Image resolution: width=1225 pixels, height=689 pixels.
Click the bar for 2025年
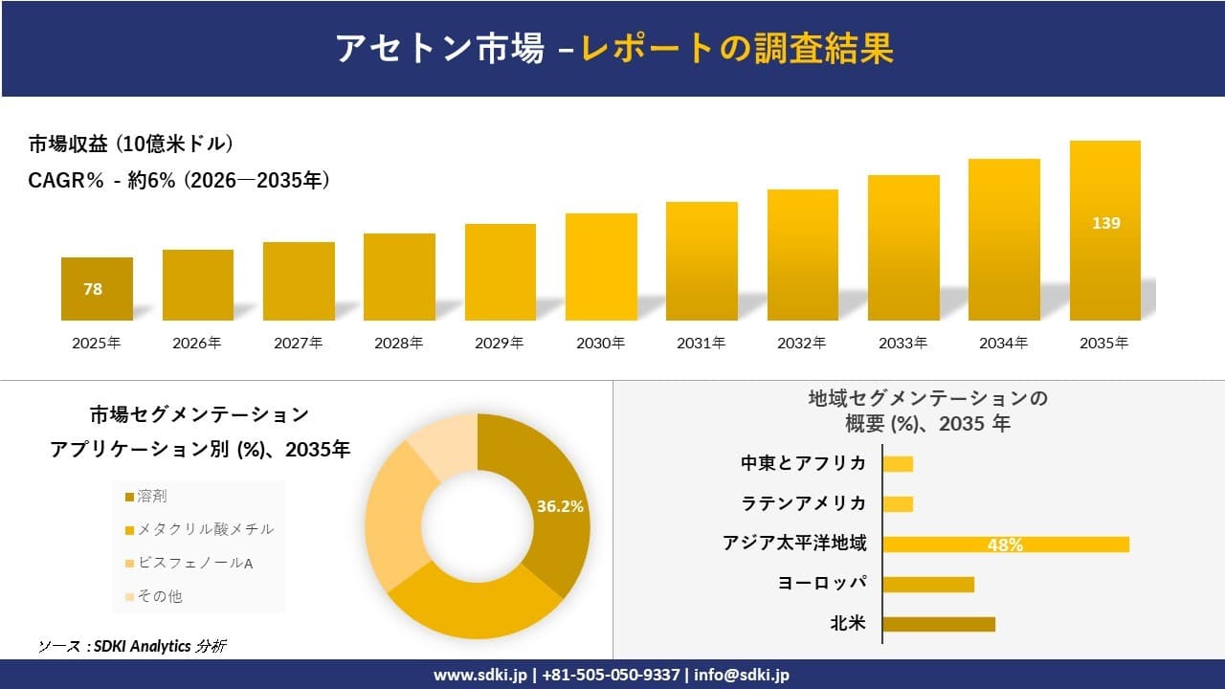pos(97,289)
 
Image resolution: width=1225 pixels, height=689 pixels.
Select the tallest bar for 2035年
pos(1104,231)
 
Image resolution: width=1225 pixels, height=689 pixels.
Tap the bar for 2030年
pos(601,267)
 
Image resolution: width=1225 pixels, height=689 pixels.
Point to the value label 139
pos(1105,223)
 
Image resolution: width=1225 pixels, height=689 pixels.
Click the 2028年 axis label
pos(398,344)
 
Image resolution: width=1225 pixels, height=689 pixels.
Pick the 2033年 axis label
pos(902,344)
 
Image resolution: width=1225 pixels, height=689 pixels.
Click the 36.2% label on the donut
pos(560,507)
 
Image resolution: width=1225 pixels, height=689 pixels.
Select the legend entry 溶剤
pos(152,496)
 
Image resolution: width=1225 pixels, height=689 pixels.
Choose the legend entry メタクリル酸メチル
pos(199,529)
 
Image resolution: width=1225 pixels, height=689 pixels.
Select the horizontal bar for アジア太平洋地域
pos(1005,545)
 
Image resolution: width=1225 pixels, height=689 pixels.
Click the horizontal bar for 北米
pos(938,624)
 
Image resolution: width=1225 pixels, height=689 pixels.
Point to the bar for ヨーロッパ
pos(927,584)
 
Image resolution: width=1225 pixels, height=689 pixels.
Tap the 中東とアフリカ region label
pos(803,463)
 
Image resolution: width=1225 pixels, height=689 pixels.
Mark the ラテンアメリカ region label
pos(803,503)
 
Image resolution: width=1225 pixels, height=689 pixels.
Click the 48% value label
pos(1005,545)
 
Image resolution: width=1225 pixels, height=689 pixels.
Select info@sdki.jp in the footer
pos(742,675)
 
